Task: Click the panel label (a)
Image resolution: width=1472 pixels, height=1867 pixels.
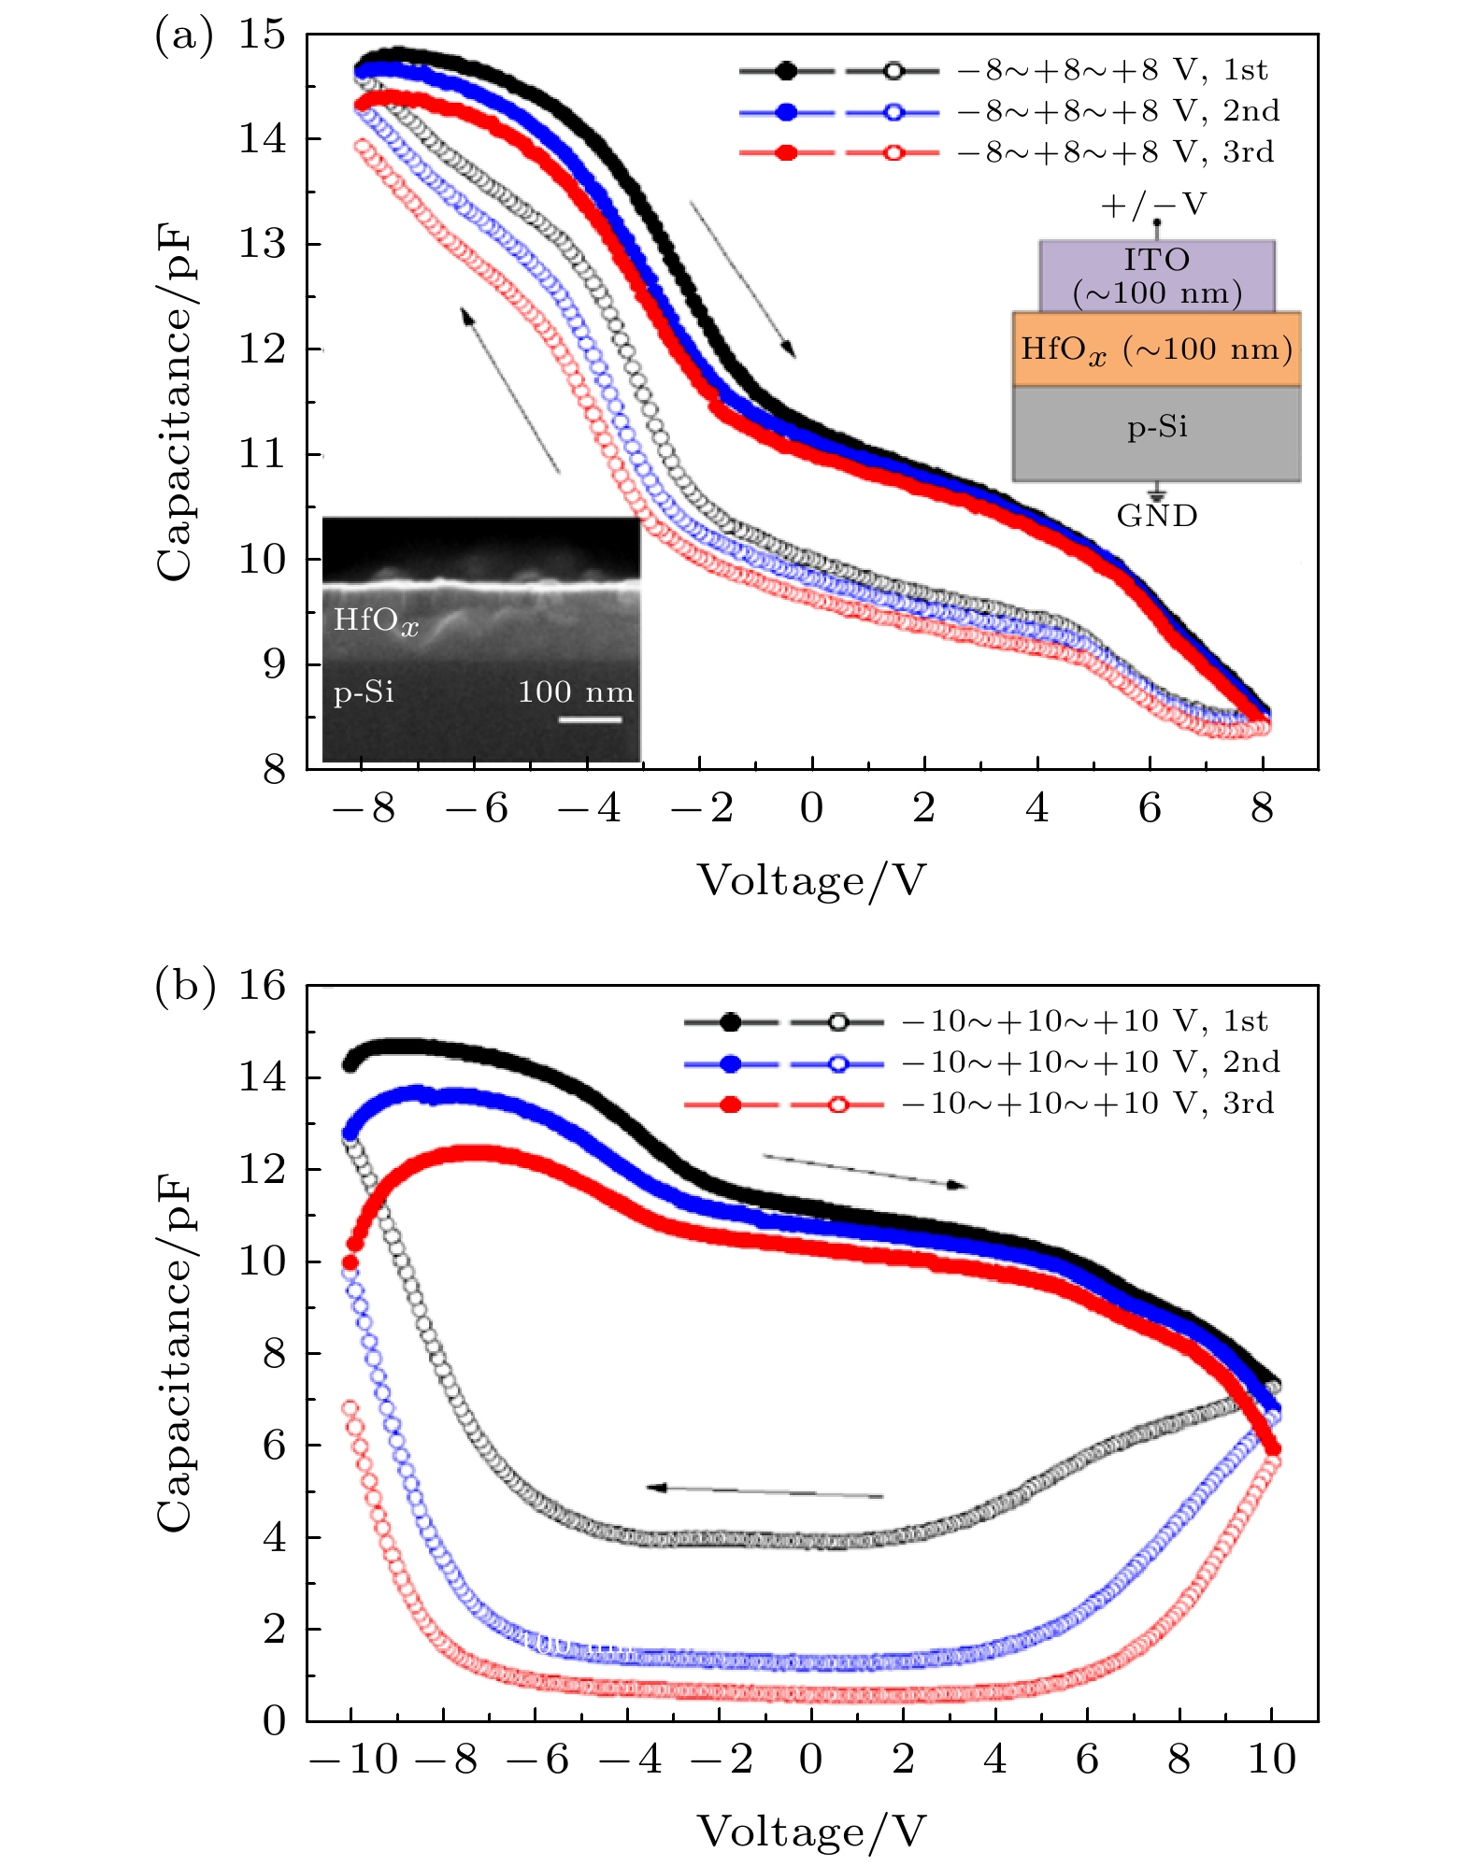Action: [183, 37]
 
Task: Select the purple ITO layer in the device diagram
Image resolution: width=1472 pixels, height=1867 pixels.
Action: [1157, 277]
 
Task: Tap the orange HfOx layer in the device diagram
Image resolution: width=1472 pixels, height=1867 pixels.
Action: [1157, 349]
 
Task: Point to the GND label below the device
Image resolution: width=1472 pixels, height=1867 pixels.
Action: [1157, 516]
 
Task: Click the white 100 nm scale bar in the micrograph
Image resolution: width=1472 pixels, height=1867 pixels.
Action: [591, 720]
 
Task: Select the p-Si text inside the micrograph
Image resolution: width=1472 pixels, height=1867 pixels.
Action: [364, 692]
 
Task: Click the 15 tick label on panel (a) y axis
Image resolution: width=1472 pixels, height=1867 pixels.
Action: [262, 36]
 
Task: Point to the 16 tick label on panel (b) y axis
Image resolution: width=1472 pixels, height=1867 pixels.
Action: [262, 986]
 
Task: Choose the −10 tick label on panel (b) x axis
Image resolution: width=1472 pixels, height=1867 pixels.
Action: [354, 1760]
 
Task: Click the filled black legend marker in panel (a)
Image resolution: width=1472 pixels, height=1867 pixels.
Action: [786, 70]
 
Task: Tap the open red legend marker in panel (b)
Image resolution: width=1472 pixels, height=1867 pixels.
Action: [837, 1105]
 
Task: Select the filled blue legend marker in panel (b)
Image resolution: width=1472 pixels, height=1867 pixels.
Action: [731, 1063]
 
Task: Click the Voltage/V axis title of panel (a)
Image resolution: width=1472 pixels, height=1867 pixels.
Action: [811, 881]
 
